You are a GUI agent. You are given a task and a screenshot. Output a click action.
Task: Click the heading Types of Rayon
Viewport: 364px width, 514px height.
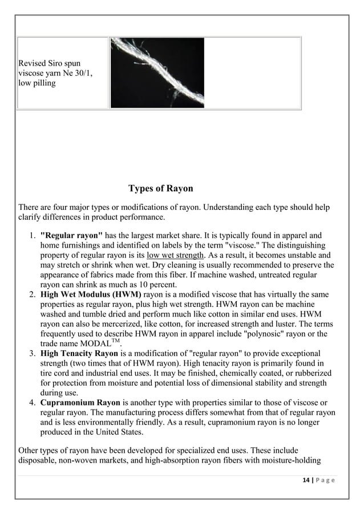coord(160,189)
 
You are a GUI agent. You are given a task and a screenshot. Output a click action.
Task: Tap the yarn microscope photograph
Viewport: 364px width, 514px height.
coord(157,72)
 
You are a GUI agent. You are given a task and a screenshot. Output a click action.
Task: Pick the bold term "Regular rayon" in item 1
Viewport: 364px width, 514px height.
coord(71,234)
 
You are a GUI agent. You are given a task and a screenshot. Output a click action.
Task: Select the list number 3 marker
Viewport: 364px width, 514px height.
coord(32,354)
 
